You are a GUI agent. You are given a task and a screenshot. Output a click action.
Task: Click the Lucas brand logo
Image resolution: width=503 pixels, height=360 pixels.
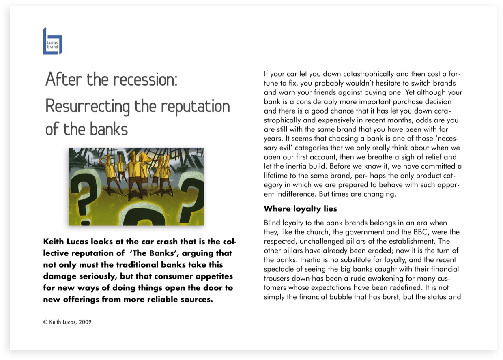52,41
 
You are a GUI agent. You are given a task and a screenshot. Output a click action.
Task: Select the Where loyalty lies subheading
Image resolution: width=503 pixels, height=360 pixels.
300,209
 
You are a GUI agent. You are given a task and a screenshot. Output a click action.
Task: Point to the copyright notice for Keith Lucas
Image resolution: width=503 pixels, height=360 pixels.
67,322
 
